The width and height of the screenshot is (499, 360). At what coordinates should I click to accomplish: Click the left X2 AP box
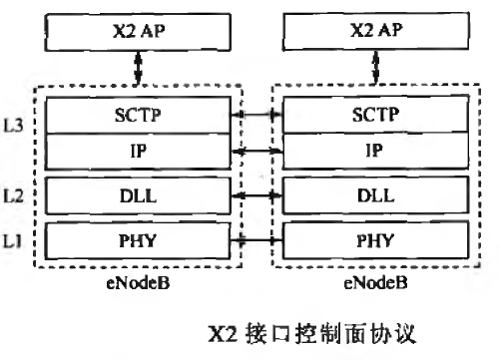[x=137, y=31]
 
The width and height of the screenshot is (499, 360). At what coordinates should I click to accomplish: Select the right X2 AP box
[x=374, y=31]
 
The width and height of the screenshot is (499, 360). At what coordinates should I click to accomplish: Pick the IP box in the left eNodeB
[x=137, y=152]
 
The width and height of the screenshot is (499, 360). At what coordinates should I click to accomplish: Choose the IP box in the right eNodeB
[x=374, y=152]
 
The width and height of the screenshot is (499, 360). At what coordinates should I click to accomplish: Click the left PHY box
[x=137, y=240]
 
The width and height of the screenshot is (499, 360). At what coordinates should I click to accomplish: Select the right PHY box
[x=374, y=240]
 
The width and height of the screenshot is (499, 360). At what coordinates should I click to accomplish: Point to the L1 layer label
[x=17, y=240]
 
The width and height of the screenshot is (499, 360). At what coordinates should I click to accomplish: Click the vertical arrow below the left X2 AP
[x=138, y=71]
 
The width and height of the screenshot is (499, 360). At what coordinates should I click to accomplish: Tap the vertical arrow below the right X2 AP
[x=375, y=71]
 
